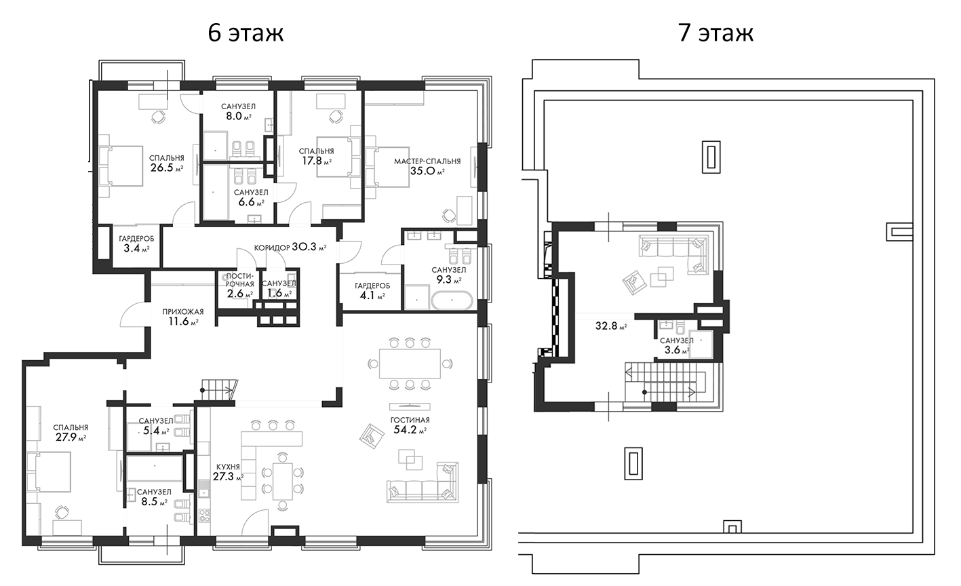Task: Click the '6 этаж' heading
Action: (246, 33)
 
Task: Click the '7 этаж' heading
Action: (716, 33)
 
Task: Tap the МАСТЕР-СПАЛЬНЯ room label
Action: (427, 161)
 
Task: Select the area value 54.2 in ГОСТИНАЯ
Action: (406, 430)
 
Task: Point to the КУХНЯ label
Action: (229, 467)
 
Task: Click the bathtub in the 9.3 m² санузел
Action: (452, 300)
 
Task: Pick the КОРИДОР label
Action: (272, 248)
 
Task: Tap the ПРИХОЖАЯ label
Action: (182, 312)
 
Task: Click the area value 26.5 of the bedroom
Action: (161, 168)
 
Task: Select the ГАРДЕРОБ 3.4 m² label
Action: (136, 243)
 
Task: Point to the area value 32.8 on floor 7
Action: (606, 326)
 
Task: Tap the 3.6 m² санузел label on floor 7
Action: (677, 345)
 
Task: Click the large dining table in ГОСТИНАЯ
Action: (410, 364)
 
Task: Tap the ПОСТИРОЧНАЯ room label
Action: (240, 279)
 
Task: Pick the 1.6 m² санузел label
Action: (279, 288)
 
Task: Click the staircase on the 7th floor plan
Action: (665, 383)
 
